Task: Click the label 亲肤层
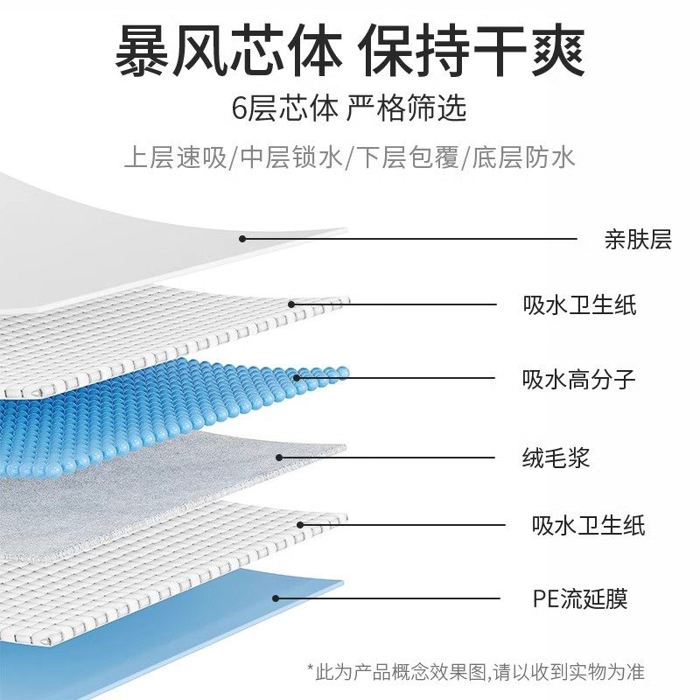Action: (637, 240)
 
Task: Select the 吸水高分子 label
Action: (578, 380)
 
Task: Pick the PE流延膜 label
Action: (579, 598)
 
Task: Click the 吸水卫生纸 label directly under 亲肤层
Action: (579, 305)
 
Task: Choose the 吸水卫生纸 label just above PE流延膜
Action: (588, 525)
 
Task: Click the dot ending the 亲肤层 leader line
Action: (243, 238)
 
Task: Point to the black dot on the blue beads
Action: (297, 379)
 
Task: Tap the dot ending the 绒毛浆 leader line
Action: (279, 456)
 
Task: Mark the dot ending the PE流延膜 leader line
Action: (276, 598)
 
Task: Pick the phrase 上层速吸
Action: (173, 157)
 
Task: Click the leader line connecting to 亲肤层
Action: (411, 238)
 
